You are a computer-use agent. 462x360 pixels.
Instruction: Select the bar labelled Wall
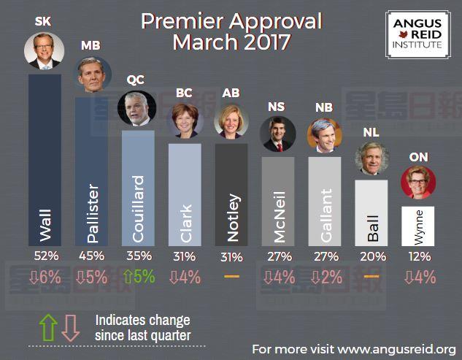[x=45, y=161]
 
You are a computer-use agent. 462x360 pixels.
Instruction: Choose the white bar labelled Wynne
[x=418, y=226]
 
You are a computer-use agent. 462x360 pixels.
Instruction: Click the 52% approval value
[x=46, y=256]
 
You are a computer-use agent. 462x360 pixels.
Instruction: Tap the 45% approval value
[x=92, y=256]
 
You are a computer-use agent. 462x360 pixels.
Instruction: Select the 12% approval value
[x=418, y=256]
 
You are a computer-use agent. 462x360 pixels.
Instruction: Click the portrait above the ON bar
[x=418, y=183]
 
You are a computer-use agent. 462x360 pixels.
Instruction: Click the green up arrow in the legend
[x=47, y=328]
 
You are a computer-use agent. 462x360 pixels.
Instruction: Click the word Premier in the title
[x=185, y=21]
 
